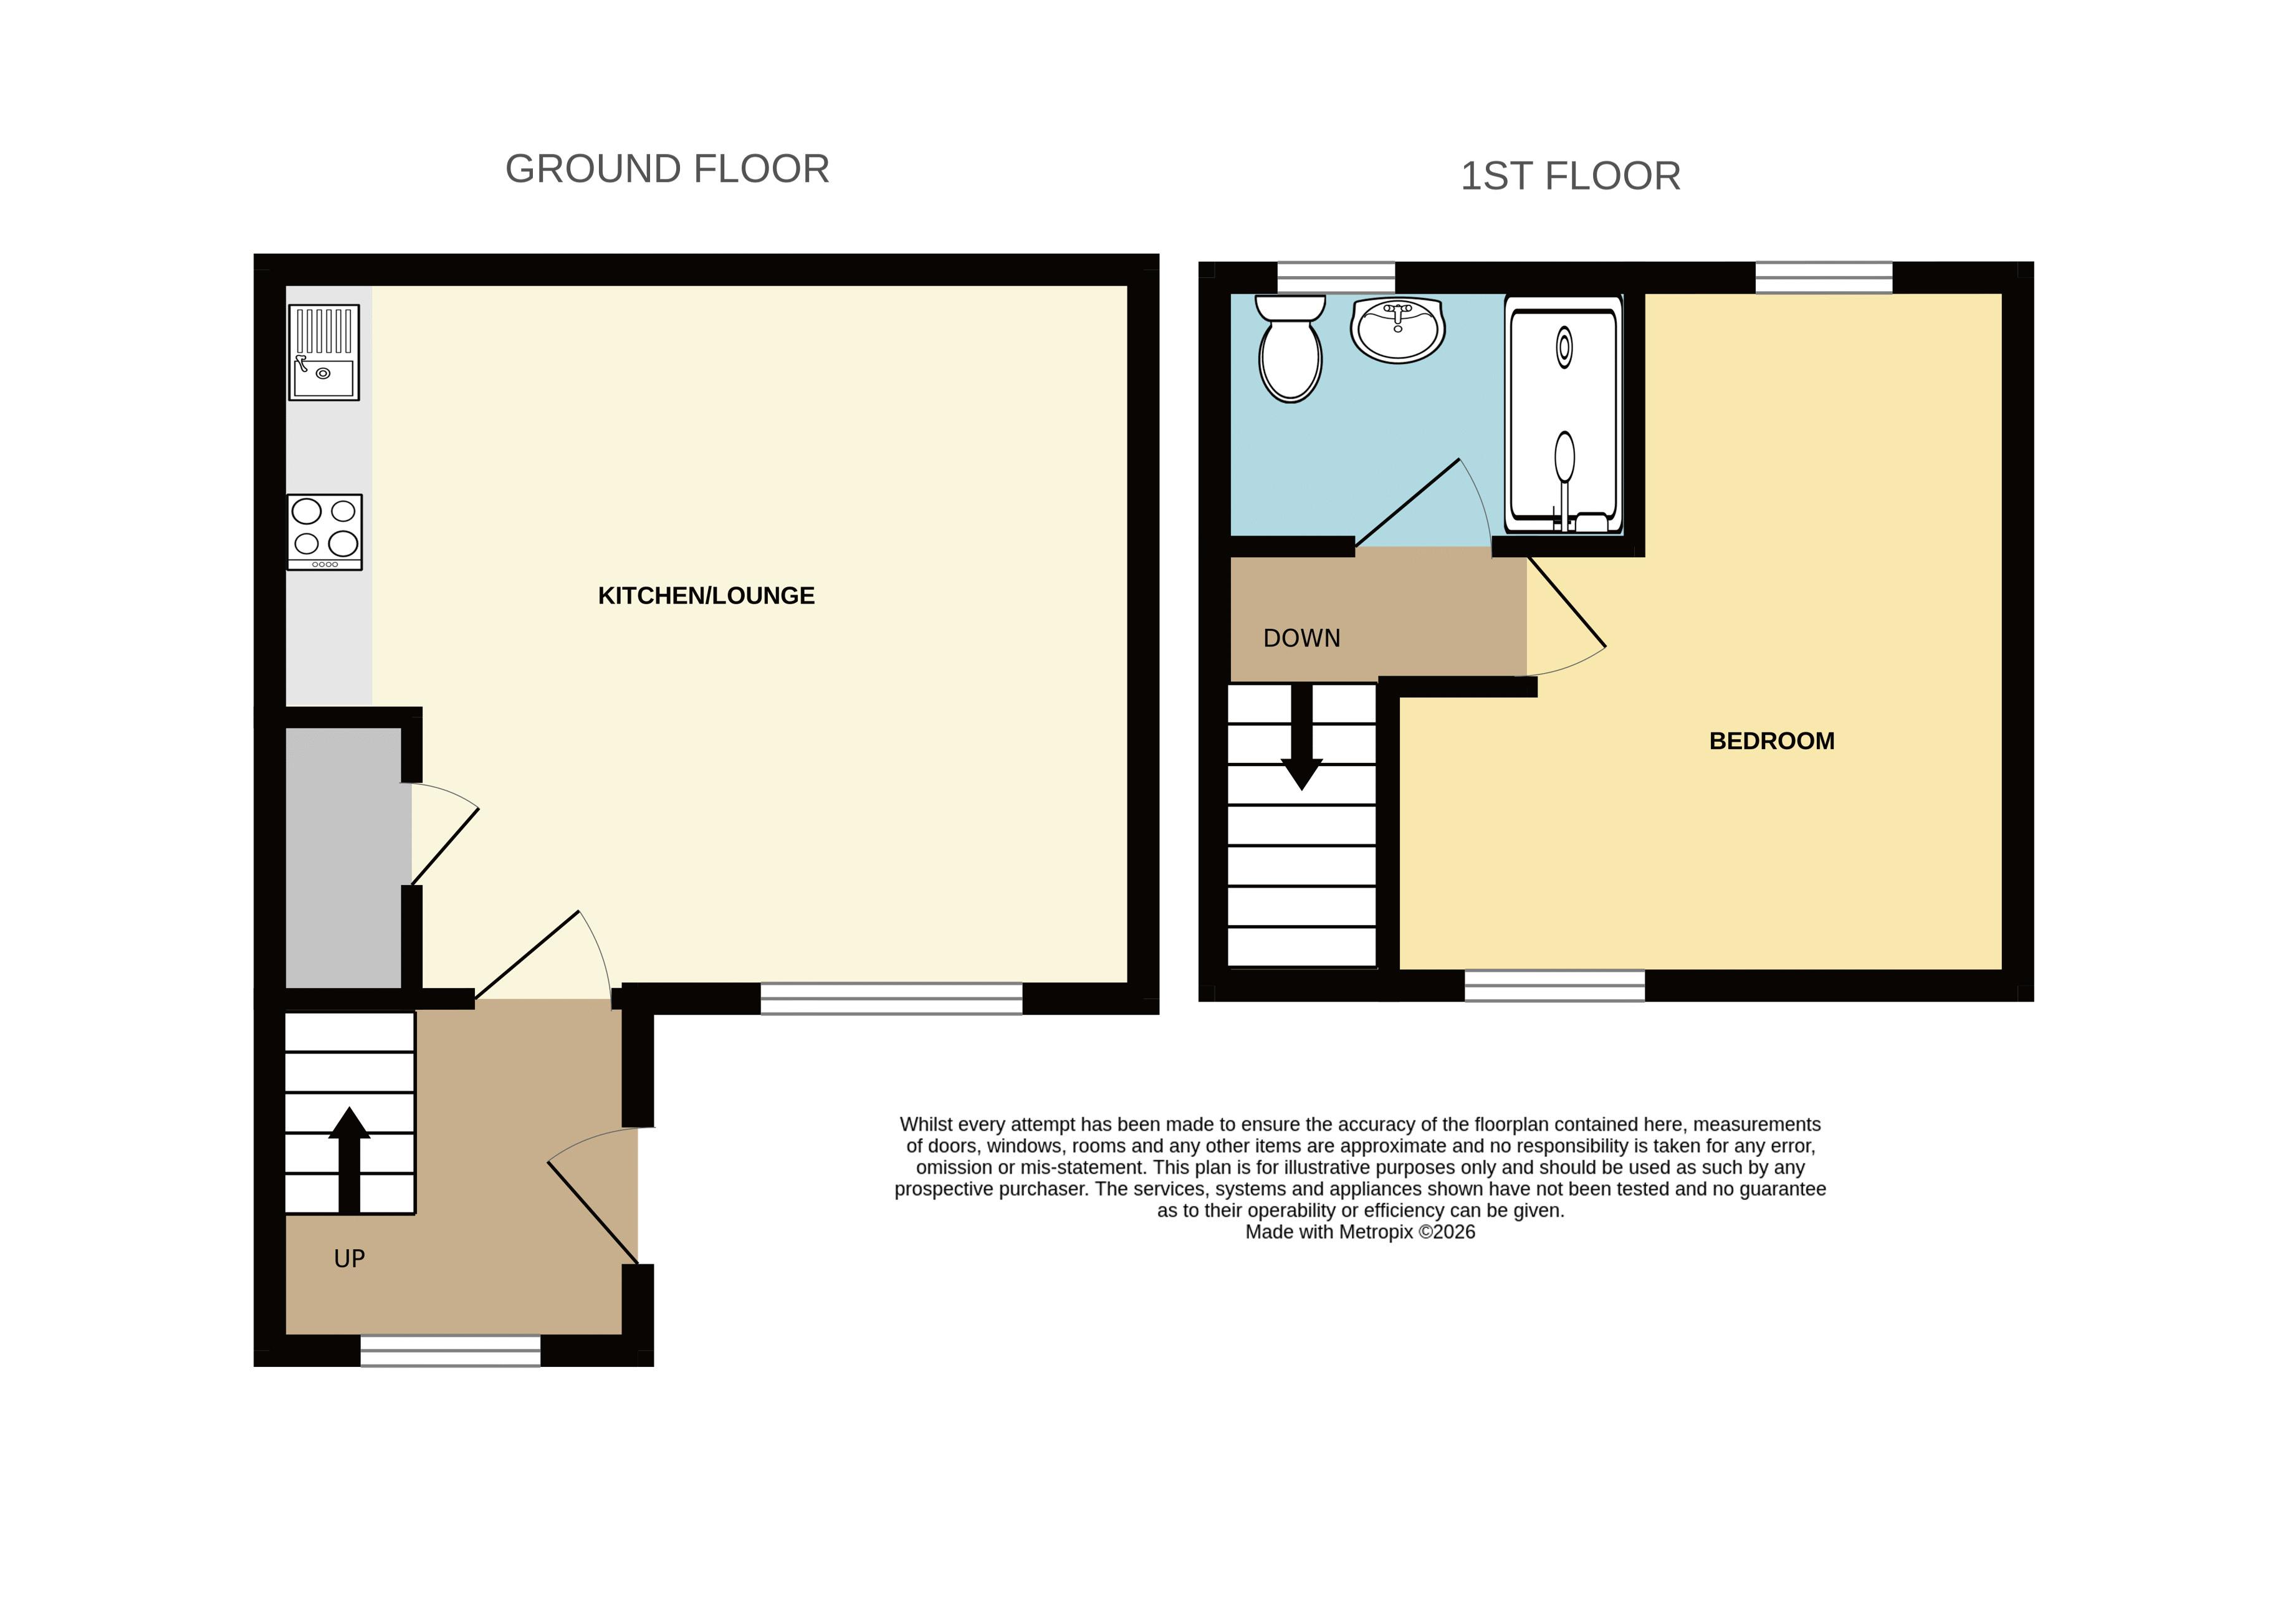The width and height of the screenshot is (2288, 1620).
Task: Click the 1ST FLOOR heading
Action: [x=1570, y=176]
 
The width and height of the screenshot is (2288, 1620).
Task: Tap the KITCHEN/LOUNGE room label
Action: [x=706, y=595]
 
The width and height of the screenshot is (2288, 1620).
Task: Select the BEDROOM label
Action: [x=1771, y=741]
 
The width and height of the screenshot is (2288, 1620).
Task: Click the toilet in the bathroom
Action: [x=1291, y=348]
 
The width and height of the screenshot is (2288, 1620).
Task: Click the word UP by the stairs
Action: [x=349, y=1259]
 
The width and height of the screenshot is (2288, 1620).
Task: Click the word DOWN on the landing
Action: [x=1301, y=638]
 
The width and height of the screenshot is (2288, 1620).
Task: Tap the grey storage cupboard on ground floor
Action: [x=344, y=858]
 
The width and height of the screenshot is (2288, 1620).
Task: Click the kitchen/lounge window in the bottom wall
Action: [x=892, y=999]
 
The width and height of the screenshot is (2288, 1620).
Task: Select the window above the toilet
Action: [x=1336, y=277]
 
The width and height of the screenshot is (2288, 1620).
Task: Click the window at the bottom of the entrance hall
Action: [x=450, y=1351]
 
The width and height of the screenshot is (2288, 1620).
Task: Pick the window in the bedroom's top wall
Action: [x=1823, y=277]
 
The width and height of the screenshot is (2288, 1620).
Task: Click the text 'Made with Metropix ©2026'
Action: [x=1361, y=1232]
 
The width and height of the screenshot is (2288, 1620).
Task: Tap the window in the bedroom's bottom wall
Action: [x=1554, y=985]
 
